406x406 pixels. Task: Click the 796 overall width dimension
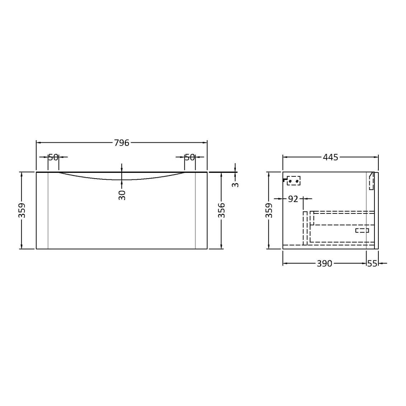pyautogui.click(x=121, y=143)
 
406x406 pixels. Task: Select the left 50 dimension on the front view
pyautogui.click(x=53, y=157)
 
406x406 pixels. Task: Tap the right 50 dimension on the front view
pyautogui.click(x=190, y=157)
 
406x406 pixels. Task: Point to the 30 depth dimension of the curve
pyautogui.click(x=122, y=195)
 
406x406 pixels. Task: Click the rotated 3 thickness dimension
pyautogui.click(x=235, y=185)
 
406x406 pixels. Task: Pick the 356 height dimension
pyautogui.click(x=222, y=211)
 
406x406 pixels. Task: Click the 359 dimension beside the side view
pyautogui.click(x=269, y=211)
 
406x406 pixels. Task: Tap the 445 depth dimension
pyautogui.click(x=330, y=157)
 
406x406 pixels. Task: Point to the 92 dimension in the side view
pyautogui.click(x=293, y=199)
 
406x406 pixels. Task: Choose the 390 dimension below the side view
pyautogui.click(x=324, y=263)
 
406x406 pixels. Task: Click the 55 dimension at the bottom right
pyautogui.click(x=372, y=263)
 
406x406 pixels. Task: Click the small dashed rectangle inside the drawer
pyautogui.click(x=362, y=230)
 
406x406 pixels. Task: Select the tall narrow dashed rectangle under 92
pyautogui.click(x=305, y=228)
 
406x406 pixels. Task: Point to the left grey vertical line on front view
pyautogui.click(x=48, y=211)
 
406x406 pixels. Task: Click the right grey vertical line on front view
pyautogui.click(x=195, y=211)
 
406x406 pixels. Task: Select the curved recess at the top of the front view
pyautogui.click(x=122, y=176)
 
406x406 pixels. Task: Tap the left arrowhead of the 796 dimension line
pyautogui.click(x=38, y=143)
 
